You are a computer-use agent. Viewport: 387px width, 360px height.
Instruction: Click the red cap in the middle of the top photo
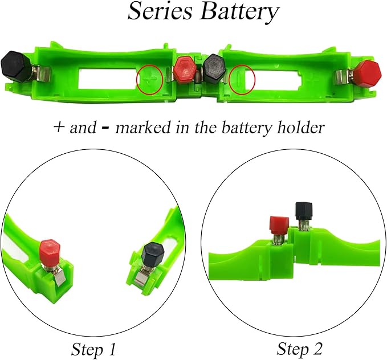185,70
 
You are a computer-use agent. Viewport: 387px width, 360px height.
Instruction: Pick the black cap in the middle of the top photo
214,69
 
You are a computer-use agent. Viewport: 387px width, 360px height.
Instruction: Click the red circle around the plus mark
149,80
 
